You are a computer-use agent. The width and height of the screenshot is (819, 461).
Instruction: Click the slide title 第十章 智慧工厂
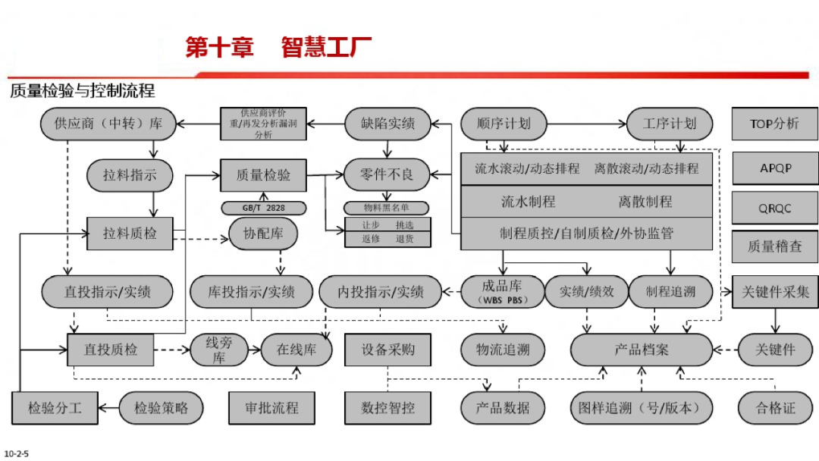278,48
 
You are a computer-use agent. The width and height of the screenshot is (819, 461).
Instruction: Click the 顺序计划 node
504,124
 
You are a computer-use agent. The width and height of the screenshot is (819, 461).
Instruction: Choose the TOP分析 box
774,124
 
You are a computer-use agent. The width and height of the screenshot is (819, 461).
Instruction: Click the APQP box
774,168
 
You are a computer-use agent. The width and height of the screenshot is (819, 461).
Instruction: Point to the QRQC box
774,207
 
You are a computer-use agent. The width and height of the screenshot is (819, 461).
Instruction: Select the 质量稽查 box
774,246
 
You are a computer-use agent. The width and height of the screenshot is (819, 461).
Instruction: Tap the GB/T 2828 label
263,208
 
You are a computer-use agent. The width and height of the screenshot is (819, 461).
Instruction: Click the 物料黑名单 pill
386,208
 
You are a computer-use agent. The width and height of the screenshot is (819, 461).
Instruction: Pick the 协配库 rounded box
263,234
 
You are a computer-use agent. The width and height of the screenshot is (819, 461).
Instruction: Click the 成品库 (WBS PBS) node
502,291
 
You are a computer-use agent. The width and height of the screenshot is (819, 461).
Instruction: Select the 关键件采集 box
775,291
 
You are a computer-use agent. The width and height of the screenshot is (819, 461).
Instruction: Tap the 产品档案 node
642,350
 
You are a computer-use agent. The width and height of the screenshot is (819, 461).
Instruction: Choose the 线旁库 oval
219,350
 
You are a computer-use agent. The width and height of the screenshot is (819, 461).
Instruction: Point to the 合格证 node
775,408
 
